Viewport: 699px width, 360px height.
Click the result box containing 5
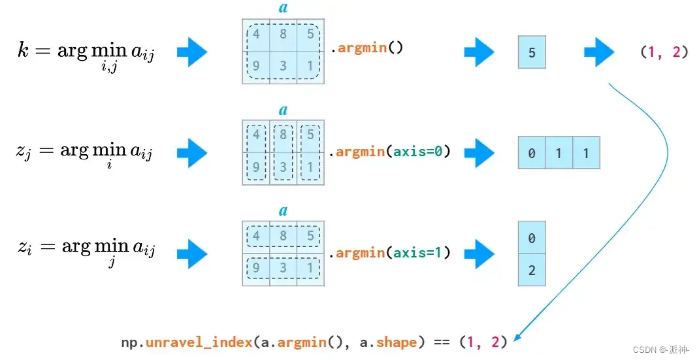(x=532, y=52)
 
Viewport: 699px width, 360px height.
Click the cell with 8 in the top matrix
(x=283, y=35)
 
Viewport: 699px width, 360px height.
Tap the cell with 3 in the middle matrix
(x=283, y=167)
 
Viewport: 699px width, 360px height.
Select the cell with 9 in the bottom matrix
(x=256, y=268)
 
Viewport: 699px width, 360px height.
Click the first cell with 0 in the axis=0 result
(x=532, y=154)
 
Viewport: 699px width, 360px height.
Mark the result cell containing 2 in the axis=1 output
(x=532, y=270)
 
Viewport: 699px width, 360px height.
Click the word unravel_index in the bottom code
(x=199, y=342)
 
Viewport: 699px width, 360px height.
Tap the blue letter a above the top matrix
(x=283, y=8)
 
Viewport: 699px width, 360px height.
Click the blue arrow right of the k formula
(x=191, y=52)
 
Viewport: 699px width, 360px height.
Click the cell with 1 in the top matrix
(x=310, y=66)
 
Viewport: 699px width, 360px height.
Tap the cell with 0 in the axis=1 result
(x=532, y=238)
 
